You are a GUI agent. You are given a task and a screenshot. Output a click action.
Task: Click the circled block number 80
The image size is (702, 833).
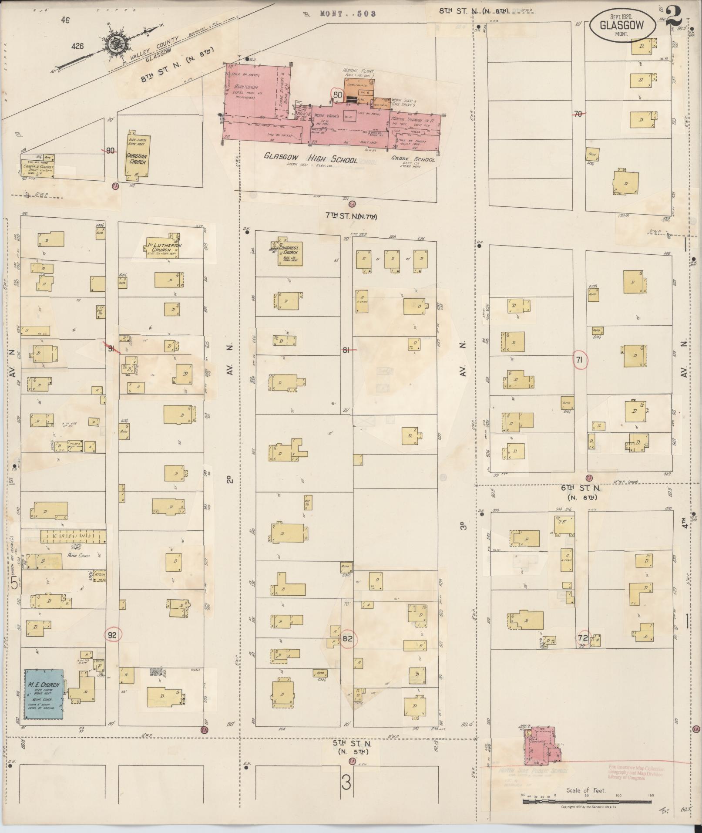point(337,94)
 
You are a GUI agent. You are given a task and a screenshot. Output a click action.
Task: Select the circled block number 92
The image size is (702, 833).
point(112,635)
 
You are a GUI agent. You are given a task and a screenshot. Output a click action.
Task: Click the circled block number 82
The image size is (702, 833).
point(347,639)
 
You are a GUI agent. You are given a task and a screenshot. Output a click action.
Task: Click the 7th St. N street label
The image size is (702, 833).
point(351,216)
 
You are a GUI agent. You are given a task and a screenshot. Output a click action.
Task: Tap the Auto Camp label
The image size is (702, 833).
point(78,555)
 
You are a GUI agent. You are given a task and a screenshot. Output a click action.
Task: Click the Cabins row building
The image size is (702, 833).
point(74,536)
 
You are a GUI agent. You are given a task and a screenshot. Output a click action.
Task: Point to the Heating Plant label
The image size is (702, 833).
point(358,71)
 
